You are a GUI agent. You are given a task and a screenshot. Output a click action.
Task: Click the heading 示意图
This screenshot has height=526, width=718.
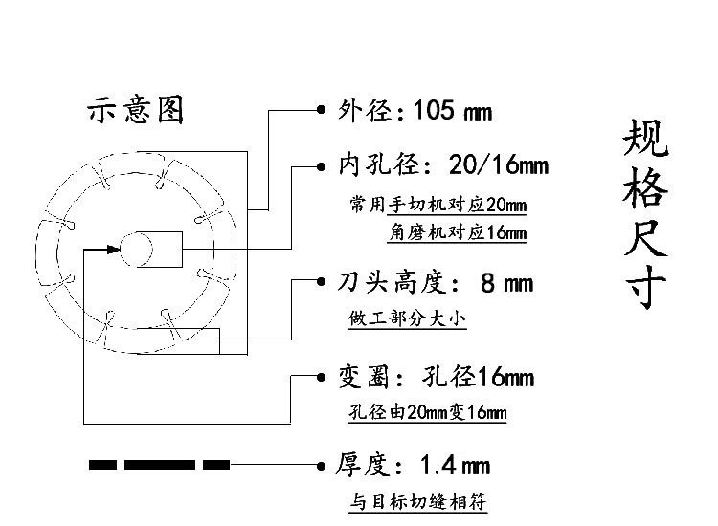click(135, 110)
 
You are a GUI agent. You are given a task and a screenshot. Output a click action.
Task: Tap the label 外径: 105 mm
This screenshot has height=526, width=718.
click(415, 111)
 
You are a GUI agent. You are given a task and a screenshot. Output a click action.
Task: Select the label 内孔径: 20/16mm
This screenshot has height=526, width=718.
click(442, 165)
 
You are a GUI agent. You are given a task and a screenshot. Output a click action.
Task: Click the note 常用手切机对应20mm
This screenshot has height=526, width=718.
click(438, 206)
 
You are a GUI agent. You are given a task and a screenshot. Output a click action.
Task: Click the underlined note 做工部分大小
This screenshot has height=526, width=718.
click(407, 318)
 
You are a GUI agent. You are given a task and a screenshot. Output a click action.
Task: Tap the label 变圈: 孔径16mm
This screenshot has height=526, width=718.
click(435, 377)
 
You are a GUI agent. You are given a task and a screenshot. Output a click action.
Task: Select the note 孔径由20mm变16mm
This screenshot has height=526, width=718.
click(427, 413)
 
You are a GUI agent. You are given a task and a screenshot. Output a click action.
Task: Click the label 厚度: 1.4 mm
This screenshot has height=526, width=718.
click(413, 466)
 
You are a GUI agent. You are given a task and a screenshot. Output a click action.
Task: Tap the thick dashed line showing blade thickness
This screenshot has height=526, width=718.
click(159, 465)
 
